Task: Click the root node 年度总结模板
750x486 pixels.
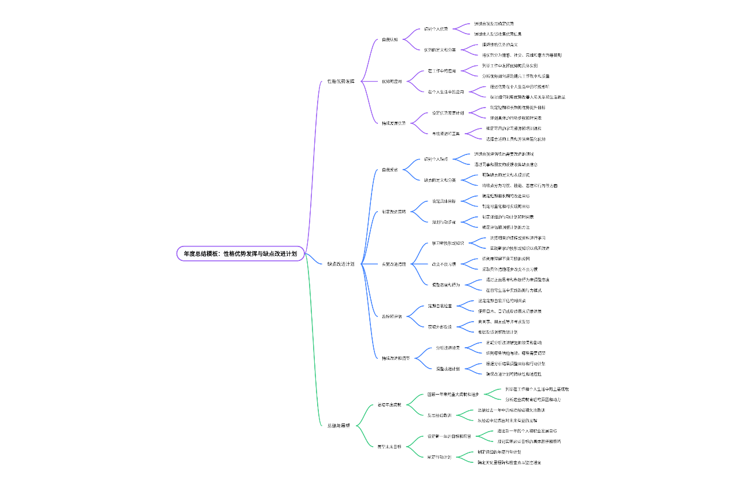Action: pyautogui.click(x=240, y=253)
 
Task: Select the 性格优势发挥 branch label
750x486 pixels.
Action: pyautogui.click(x=340, y=81)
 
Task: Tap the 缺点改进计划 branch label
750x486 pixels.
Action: pyautogui.click(x=340, y=264)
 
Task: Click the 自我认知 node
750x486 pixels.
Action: pyautogui.click(x=389, y=39)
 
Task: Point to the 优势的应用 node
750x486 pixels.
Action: pyautogui.click(x=392, y=81)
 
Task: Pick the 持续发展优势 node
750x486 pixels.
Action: pyautogui.click(x=394, y=123)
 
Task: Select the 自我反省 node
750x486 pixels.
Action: pyautogui.click(x=389, y=170)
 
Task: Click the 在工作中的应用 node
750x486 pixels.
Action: pyautogui.click(x=442, y=71)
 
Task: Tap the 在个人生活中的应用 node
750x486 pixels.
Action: pyautogui.click(x=446, y=91)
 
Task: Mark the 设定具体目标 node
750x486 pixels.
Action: pyautogui.click(x=444, y=201)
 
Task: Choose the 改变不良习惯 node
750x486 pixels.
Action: pyautogui.click(x=443, y=264)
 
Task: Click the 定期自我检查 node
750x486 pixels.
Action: pyautogui.click(x=440, y=305)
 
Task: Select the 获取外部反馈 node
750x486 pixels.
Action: pyautogui.click(x=440, y=326)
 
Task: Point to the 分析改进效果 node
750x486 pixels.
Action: pyautogui.click(x=448, y=348)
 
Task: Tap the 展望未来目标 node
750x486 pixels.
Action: pyautogui.click(x=389, y=446)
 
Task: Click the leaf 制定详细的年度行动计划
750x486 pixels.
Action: pyautogui.click(x=499, y=451)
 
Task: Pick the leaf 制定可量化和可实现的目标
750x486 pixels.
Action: pyautogui.click(x=506, y=206)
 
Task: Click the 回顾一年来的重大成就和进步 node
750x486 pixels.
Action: pyautogui.click(x=453, y=394)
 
